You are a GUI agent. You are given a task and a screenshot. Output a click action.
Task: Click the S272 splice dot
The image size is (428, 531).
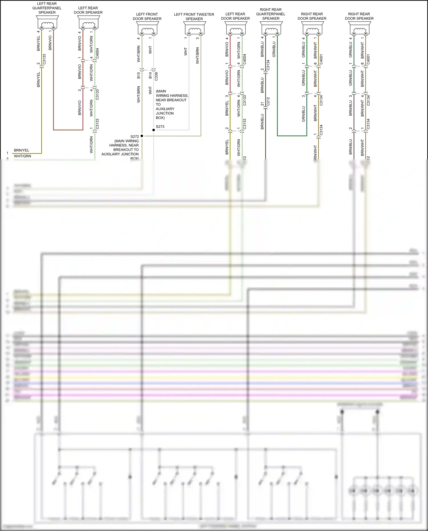pos(142,136)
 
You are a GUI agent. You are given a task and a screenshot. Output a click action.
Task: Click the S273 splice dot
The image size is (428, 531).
pos(154,130)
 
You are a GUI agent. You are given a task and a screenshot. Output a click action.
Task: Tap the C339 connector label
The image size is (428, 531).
pos(156,76)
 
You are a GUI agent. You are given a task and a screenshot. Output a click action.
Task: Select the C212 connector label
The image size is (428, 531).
pos(268,102)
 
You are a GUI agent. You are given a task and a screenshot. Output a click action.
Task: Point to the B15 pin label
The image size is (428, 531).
pos(139,75)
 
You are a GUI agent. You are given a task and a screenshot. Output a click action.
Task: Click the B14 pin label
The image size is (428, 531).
pos(150,75)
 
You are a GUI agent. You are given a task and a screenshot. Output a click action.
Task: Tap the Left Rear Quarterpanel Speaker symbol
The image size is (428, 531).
pos(47,22)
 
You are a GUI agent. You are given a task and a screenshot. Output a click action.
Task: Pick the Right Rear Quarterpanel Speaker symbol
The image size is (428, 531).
pos(271,28)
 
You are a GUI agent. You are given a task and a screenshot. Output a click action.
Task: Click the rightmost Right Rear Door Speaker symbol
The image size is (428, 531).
pos(359,28)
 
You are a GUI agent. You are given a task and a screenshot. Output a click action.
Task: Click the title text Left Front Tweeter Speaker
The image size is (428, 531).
pos(194,17)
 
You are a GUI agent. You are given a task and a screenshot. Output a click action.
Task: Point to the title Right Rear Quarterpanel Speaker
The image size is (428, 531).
pos(271,14)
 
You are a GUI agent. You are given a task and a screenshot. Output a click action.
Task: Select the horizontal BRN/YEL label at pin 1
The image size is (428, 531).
pos(21,150)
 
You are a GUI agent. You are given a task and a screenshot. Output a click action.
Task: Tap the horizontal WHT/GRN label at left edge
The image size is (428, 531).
pos(23,156)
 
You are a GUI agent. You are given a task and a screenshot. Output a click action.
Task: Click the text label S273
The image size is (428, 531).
pos(160,126)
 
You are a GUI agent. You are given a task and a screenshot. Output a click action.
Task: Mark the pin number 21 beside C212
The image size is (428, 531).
pos(262,104)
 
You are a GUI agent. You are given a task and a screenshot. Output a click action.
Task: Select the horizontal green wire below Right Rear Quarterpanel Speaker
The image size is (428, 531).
pos(292,136)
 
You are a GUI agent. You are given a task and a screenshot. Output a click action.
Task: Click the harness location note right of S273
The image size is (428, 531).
pos(172,104)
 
